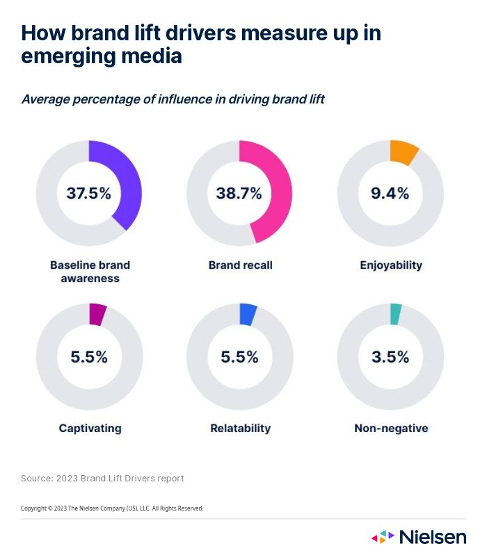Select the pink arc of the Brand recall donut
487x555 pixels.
tap(282, 188)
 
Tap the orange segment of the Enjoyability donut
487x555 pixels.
tap(404, 152)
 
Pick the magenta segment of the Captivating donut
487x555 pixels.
tap(97, 315)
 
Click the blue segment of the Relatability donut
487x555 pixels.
tap(248, 315)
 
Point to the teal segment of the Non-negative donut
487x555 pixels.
tap(396, 314)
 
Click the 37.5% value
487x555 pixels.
tap(89, 193)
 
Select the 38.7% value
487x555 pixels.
tap(239, 193)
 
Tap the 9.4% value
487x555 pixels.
tap(390, 193)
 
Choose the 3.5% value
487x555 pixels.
tap(390, 357)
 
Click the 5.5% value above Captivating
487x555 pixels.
tap(89, 357)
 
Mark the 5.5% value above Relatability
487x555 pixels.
tap(239, 357)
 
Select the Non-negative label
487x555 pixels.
tap(391, 429)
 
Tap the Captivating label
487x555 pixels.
tap(90, 429)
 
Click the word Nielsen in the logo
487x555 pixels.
tap(433, 537)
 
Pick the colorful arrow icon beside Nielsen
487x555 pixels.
tap(383, 537)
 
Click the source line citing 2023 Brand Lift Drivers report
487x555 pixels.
tap(102, 479)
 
